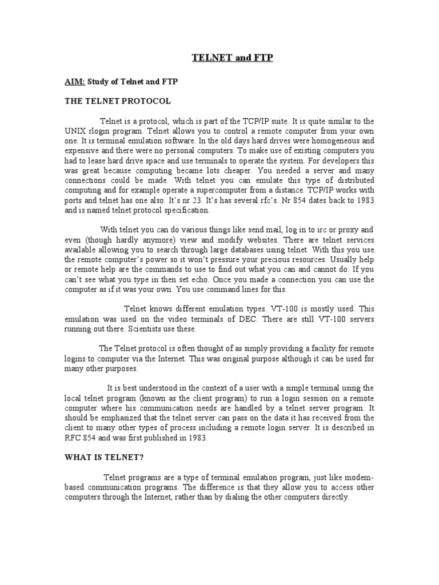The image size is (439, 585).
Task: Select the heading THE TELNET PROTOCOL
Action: point(117,101)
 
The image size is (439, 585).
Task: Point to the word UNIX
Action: point(74,131)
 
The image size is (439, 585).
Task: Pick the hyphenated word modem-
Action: point(358,478)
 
